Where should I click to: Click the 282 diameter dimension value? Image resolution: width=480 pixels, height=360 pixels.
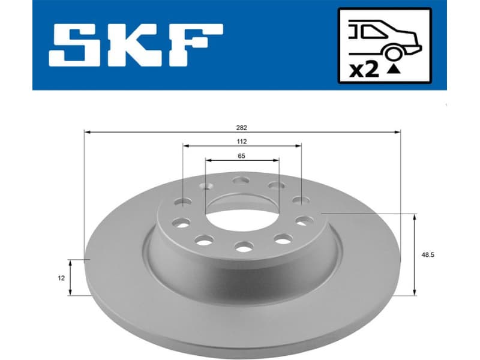point(242,127)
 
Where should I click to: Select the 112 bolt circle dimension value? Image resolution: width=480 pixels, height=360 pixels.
point(242,142)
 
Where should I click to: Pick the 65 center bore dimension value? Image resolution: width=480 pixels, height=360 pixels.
point(242,156)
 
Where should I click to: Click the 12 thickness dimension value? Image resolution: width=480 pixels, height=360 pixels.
point(61,278)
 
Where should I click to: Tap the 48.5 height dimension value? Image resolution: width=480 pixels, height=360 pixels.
point(428,254)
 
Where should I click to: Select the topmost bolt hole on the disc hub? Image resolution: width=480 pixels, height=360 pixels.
point(241,180)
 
